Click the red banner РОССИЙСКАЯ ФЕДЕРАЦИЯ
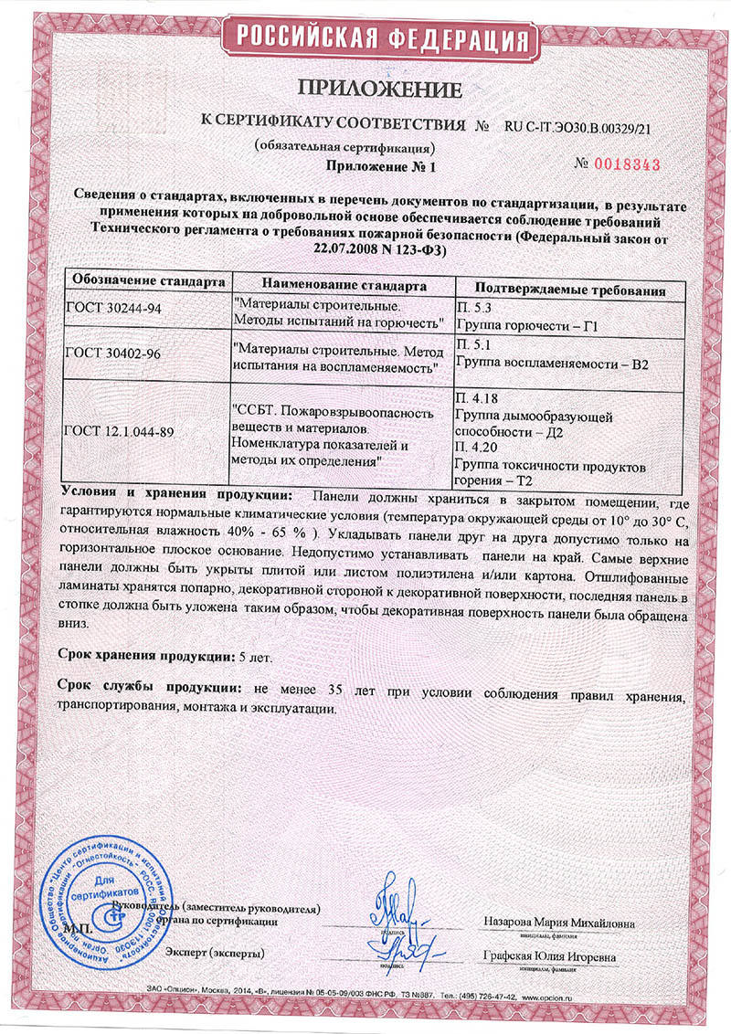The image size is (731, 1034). pyautogui.click(x=381, y=38)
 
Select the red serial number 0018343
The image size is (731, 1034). pyautogui.click(x=627, y=164)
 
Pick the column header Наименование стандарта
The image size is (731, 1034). pyautogui.click(x=337, y=285)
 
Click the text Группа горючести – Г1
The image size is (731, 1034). pyautogui.click(x=517, y=325)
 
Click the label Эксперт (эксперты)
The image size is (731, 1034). pyautogui.click(x=216, y=953)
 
